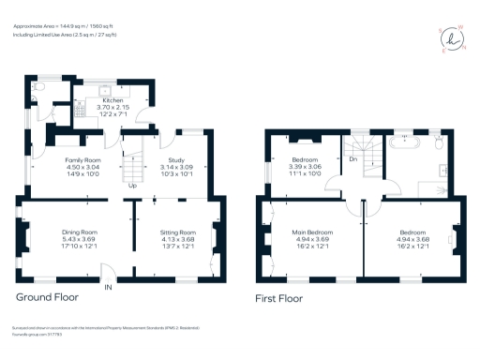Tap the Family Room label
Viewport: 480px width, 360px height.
coord(82,160)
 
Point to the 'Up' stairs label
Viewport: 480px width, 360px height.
coord(133,185)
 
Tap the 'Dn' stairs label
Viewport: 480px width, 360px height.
coord(352,159)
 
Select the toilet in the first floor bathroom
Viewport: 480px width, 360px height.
coord(438,142)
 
